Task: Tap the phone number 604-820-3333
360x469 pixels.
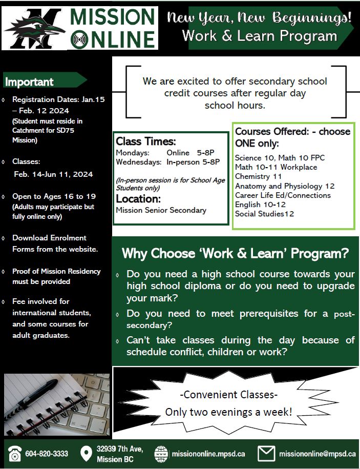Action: coord(47,454)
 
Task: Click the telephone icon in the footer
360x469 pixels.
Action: coord(14,454)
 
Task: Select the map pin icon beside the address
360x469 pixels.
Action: coord(86,454)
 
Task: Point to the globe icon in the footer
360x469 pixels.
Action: coord(161,454)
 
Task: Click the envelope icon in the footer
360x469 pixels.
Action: coord(266,454)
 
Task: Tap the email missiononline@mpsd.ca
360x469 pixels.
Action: coord(317,454)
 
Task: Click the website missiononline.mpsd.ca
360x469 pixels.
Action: coord(208,454)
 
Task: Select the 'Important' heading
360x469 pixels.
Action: coord(29,82)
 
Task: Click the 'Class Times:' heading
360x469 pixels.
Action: coord(146,141)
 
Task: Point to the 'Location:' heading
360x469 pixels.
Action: coord(138,198)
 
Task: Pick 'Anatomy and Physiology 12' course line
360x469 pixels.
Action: coord(285,186)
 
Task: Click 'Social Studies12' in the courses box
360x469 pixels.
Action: coord(264,214)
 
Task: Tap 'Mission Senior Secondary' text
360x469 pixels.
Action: coord(161,210)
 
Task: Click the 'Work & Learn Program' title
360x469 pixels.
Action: coord(260,36)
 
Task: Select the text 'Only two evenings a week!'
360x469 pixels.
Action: coord(228,411)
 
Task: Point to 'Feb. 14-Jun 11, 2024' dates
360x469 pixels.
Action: coord(53,174)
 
